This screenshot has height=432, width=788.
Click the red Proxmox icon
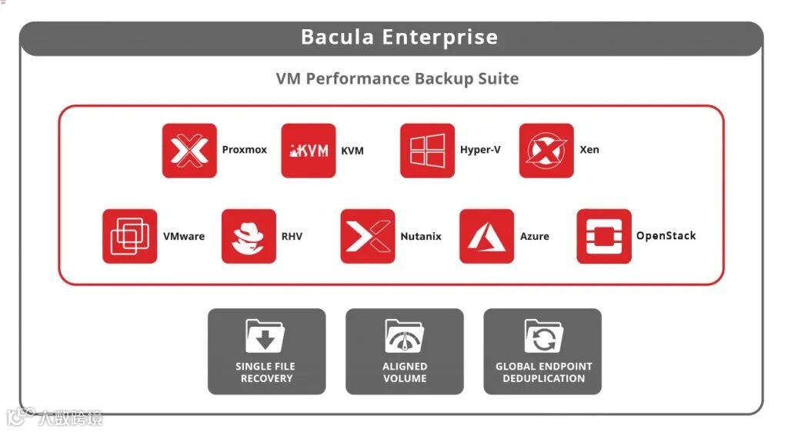[x=189, y=151]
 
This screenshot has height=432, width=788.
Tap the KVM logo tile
[x=308, y=151]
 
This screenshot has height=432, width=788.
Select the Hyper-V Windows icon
[x=427, y=151]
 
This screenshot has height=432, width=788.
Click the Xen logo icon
[x=546, y=151]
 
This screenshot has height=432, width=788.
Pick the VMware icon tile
[x=129, y=236]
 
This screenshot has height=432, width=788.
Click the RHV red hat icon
[x=249, y=236]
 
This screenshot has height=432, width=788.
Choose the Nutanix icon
[x=368, y=236]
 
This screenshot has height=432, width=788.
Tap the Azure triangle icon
[x=486, y=236]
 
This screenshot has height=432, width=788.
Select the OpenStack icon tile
[x=604, y=236]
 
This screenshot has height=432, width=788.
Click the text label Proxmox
[x=244, y=150]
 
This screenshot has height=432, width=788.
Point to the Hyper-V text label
[x=480, y=150]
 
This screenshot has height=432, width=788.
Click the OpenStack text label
[x=666, y=236]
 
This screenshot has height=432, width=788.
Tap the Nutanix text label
[x=421, y=237]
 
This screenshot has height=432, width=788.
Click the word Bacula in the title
[x=336, y=37]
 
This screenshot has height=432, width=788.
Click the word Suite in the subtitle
[x=498, y=78]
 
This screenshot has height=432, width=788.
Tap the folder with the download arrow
[x=265, y=336]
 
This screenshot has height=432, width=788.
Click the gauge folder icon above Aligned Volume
[x=405, y=336]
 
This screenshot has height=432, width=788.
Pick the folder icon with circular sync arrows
[x=543, y=336]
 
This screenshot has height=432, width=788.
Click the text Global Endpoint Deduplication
[x=543, y=373]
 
